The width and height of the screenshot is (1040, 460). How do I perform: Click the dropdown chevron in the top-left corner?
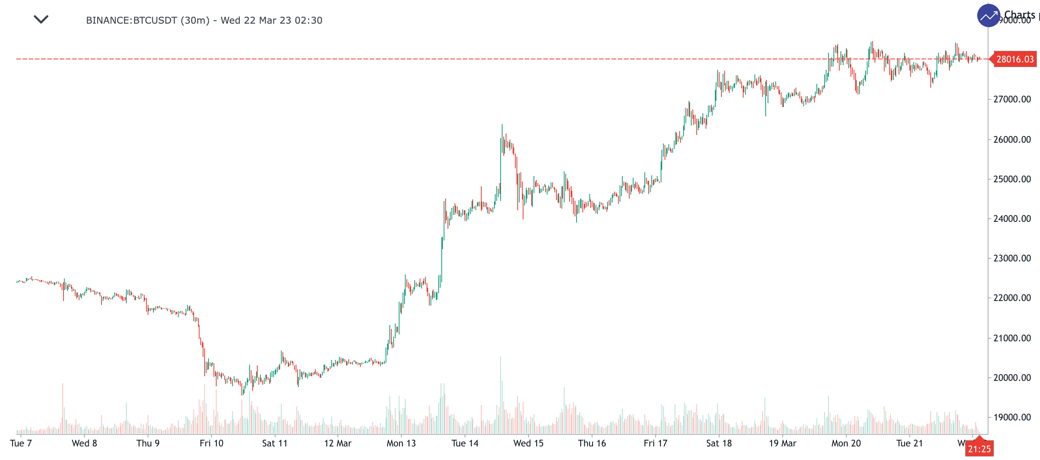(41, 19)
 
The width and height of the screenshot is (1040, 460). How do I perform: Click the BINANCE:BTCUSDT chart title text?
(204, 20)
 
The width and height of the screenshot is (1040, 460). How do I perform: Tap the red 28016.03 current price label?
(1014, 59)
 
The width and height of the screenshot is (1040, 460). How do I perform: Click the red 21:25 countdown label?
(979, 449)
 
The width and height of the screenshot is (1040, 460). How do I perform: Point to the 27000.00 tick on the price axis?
(1012, 99)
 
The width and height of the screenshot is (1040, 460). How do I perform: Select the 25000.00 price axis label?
(1012, 179)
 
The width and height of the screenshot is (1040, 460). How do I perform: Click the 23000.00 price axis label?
(1012, 258)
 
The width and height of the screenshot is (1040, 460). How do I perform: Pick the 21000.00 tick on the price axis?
(1012, 338)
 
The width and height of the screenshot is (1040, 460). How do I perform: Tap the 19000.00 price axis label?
(1012, 417)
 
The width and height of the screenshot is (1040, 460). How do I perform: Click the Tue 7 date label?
(21, 443)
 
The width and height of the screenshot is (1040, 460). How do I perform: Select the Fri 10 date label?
(211, 443)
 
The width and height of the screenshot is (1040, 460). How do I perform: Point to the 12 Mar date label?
(337, 443)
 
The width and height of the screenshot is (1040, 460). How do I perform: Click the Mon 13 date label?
(401, 443)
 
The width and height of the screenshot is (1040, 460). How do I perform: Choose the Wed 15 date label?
(528, 443)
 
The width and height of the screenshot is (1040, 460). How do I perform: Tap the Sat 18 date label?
(719, 443)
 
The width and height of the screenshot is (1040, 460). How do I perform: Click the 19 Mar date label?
(782, 443)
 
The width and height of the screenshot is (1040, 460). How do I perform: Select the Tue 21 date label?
(909, 443)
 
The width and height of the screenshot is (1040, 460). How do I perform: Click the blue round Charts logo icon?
(988, 16)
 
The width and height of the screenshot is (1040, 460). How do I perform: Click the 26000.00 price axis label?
(1012, 140)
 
